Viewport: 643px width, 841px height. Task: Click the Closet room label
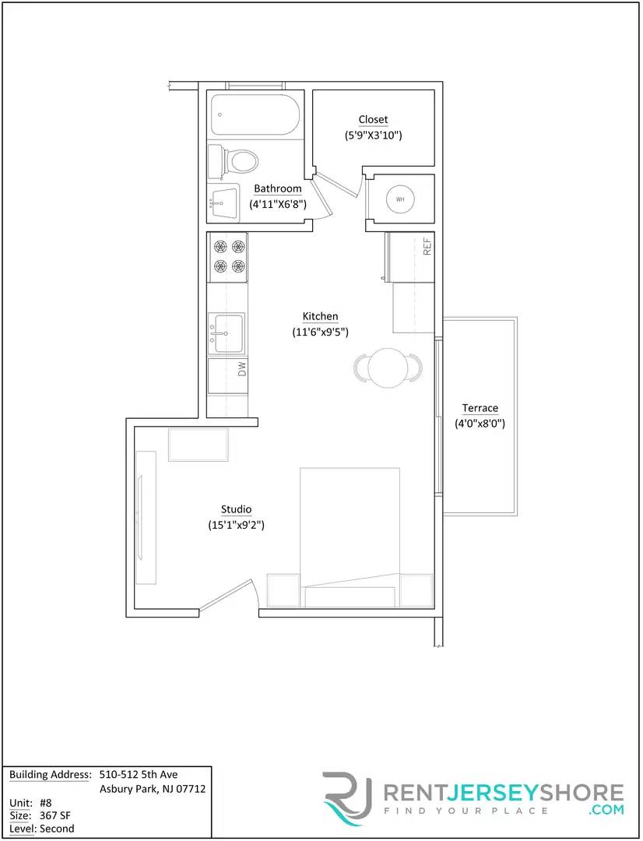(373, 119)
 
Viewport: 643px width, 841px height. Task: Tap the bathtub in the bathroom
(254, 115)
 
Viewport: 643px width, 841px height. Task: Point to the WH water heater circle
(400, 199)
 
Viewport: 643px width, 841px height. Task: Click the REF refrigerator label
(427, 247)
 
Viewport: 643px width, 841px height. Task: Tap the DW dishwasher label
(242, 368)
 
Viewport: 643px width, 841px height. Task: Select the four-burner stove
(228, 256)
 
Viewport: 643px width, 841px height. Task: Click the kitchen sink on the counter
(226, 333)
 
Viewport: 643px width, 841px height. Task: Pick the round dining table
(387, 368)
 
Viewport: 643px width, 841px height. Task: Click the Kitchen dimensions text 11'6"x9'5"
(320, 332)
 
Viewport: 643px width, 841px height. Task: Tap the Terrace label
(480, 408)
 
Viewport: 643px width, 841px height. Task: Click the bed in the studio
(350, 530)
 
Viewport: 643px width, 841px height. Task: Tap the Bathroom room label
(277, 188)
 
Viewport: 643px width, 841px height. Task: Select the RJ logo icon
(348, 797)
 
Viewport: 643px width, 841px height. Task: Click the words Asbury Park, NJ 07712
(153, 789)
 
